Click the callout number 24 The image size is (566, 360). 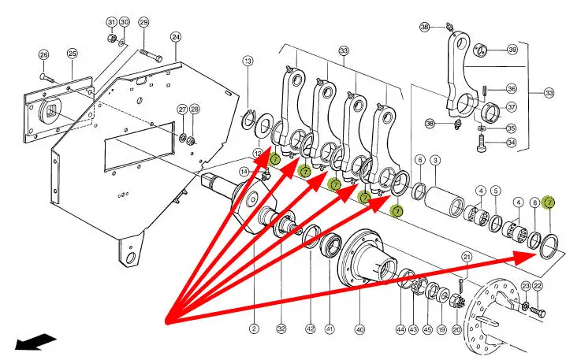coord(176,37)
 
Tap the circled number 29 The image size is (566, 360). coord(143,22)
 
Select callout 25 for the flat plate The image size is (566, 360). coord(72,53)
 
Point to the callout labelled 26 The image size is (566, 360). coord(43,54)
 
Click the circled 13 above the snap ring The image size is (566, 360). coord(248,61)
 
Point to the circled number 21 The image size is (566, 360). coord(467,257)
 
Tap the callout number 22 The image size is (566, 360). coord(538,286)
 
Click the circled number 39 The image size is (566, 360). coord(512,50)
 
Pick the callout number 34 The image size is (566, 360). coord(511,143)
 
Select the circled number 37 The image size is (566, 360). coord(511,108)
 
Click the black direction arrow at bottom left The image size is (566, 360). coord(35,343)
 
